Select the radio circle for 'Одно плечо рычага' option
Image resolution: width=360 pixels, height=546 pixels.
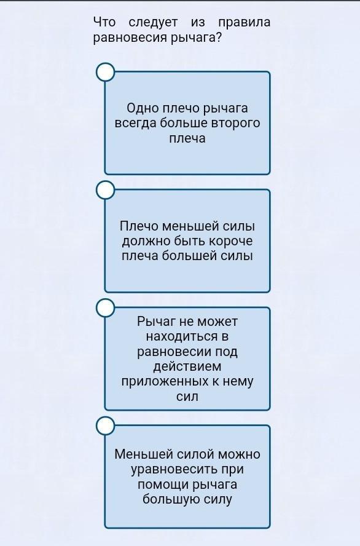105,72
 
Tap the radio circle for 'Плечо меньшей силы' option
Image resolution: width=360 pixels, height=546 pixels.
105,190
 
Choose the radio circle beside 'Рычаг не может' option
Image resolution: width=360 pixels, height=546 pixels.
105,308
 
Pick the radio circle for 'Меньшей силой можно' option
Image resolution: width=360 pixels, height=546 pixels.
105,426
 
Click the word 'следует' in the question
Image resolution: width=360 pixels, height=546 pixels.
153,23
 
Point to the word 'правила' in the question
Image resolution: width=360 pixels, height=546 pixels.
244,23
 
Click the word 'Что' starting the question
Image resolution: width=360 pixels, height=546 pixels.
104,22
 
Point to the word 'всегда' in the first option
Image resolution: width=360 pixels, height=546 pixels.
136,123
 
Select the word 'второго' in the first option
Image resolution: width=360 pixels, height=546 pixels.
235,123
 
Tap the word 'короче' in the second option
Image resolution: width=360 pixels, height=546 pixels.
230,241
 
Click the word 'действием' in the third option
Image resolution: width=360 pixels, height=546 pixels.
187,366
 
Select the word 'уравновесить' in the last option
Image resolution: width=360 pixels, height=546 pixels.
174,470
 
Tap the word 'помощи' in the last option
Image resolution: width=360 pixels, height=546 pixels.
162,485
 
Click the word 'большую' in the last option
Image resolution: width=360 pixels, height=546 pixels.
171,500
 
